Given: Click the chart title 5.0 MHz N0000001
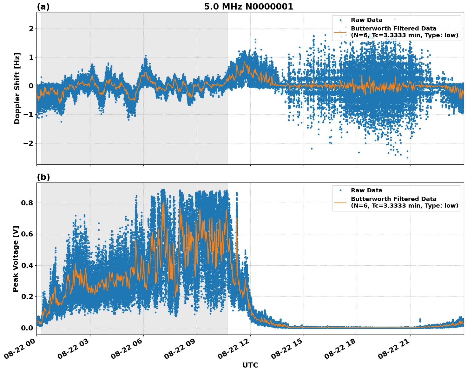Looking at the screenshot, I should (248, 7).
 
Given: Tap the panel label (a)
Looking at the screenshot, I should (43, 7).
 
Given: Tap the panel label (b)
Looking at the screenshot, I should (43, 177).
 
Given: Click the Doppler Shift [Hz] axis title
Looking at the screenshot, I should (17, 88).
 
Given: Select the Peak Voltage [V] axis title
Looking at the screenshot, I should (16, 259).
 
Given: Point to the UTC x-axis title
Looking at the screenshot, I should (250, 365).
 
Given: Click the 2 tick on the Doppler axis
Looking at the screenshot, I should (31, 29).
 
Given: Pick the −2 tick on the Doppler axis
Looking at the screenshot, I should (29, 143).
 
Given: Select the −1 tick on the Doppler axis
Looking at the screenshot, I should (29, 115).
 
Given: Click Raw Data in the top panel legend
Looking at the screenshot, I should (366, 20).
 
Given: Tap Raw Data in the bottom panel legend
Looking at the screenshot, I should (366, 190).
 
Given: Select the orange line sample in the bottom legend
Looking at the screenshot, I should (340, 203).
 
